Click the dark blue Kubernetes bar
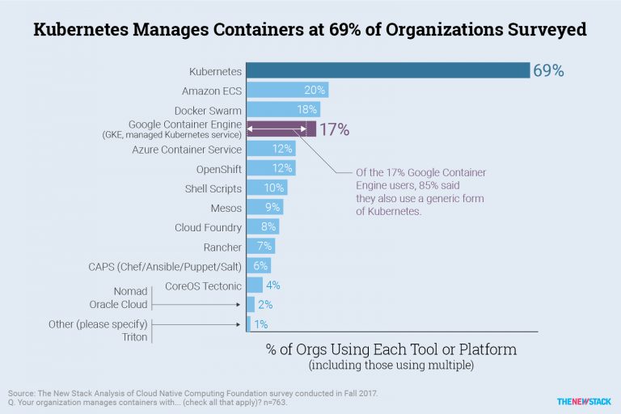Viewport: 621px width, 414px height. [x=387, y=70]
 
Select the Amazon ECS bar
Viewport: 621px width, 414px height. [x=287, y=90]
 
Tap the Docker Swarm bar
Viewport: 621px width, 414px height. [x=283, y=109]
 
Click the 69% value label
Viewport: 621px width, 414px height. [x=547, y=70]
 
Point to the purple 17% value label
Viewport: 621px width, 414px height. [x=334, y=129]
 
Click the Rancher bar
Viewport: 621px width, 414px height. [x=260, y=246]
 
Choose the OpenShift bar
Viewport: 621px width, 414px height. [x=270, y=168]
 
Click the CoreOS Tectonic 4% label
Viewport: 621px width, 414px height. [x=273, y=285]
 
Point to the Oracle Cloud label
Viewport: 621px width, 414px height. [x=118, y=305]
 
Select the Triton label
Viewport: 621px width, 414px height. [x=134, y=336]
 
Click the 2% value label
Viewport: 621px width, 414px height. [x=265, y=304]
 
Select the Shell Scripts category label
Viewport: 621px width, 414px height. [x=213, y=188]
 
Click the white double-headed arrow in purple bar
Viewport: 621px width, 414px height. [x=276, y=129]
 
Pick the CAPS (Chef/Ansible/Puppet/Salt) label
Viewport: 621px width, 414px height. [x=165, y=266]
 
